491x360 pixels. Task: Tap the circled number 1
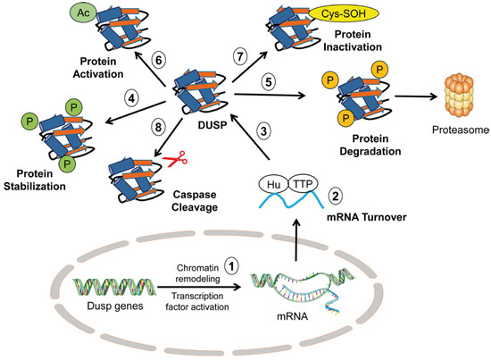[x=231, y=265]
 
